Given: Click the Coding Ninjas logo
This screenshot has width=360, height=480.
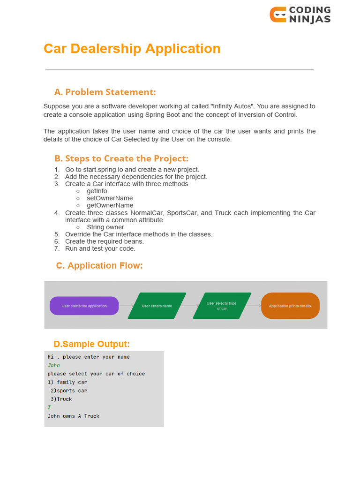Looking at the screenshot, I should tap(300, 15).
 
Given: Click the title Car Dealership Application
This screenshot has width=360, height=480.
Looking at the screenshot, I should tap(132, 49).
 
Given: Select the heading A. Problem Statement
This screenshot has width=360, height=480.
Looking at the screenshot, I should tap(105, 92).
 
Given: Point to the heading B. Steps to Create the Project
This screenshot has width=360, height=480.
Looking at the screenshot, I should tap(121, 158).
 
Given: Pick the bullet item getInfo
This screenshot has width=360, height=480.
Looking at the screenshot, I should tap(97, 191).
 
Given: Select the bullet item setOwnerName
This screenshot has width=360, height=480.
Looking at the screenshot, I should tap(110, 198).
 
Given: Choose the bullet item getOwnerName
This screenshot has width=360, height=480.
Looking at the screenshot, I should tap(110, 205).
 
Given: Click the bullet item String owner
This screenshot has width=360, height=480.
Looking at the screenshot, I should tap(105, 227).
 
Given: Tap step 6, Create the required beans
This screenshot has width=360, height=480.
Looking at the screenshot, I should tap(105, 241).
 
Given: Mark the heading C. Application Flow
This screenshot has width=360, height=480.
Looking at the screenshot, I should tap(99, 266).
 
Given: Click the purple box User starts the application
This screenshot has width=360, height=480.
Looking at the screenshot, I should tap(84, 306).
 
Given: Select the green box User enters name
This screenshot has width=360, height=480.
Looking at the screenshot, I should tap(157, 306).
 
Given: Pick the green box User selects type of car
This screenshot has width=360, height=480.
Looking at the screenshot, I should tap(222, 306).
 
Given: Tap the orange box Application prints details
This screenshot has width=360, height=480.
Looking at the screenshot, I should tap(290, 306).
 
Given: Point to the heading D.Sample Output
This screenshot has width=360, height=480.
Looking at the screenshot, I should tap(92, 344).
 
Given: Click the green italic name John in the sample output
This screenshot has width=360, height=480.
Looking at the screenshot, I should tap(54, 365).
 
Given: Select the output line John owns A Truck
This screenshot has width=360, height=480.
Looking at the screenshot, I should tap(74, 416).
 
